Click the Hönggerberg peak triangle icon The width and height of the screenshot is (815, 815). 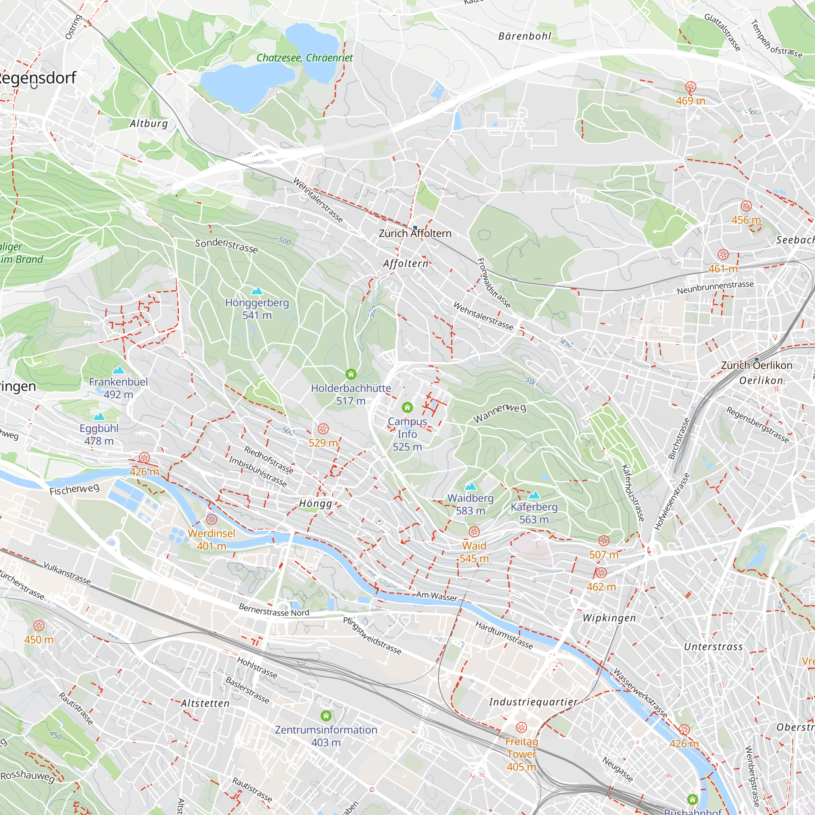coord(257,291)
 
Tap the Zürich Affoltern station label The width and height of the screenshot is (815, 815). coord(415,233)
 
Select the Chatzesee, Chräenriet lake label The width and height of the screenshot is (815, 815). coord(304,58)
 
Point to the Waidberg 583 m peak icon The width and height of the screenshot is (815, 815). coord(470,487)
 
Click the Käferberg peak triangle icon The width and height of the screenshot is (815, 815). coord(534,495)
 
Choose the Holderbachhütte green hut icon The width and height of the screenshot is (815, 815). coord(351,374)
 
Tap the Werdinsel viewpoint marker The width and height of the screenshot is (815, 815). coord(212,519)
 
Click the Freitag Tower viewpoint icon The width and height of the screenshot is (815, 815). coord(522,727)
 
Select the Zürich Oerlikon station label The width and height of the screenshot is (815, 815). coord(756,365)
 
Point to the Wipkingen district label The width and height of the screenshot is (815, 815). coord(609,618)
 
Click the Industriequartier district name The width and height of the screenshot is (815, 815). coord(533,702)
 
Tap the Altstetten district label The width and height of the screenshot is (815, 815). coord(205,704)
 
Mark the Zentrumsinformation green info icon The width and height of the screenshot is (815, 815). coord(326,716)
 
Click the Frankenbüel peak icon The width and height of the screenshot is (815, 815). coord(119,370)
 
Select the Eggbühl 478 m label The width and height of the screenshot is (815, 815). coord(99,434)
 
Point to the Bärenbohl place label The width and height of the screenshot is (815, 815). coord(525,36)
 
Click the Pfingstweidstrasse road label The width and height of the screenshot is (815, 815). coord(372,636)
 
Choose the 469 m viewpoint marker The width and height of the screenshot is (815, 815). coord(691,87)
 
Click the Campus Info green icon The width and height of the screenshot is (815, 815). coord(407,407)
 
